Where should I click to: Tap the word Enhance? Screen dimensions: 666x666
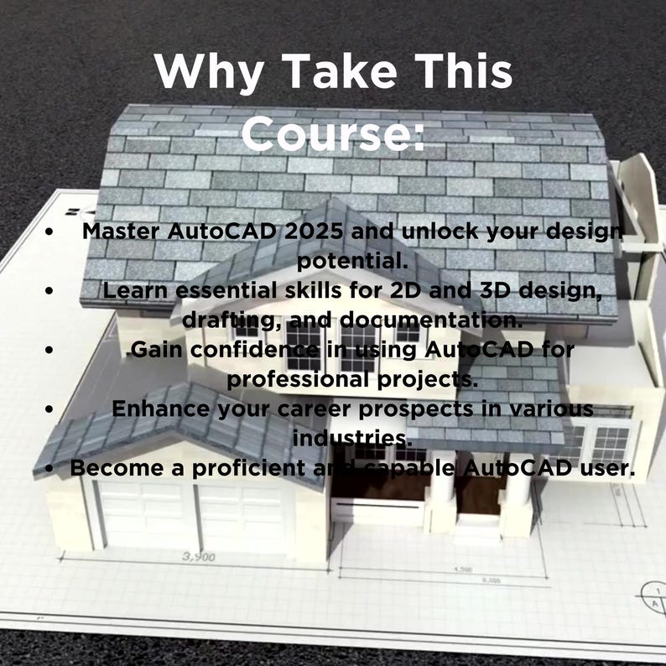pos(157,408)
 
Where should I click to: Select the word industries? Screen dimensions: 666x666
pos(351,438)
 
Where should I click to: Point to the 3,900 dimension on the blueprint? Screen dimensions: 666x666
pos(198,557)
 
